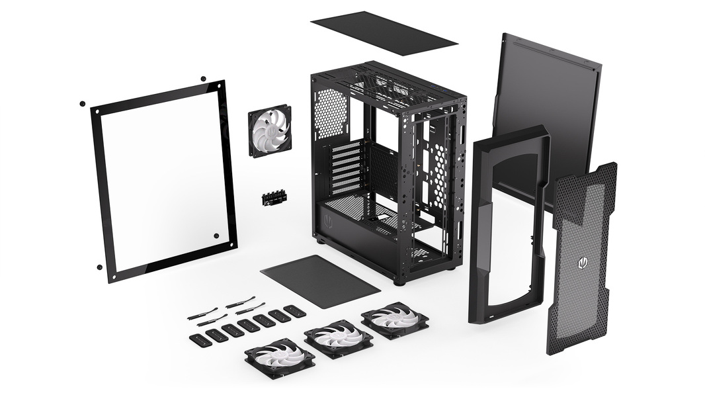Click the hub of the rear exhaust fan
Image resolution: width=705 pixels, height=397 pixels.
270,130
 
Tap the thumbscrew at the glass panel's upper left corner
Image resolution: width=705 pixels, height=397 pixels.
82,104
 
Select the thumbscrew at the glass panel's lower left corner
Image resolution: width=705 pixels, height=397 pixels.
99,267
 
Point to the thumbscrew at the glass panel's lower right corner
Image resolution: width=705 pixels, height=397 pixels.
216,235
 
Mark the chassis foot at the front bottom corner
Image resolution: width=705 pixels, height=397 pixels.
399,281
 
